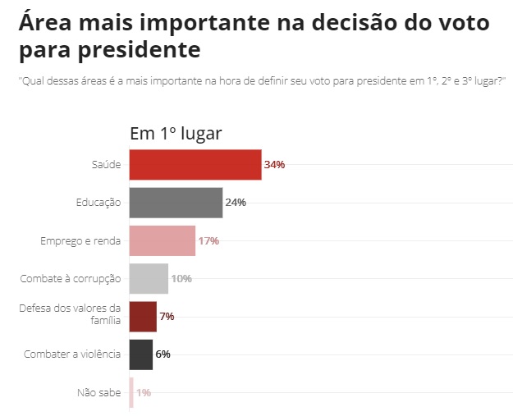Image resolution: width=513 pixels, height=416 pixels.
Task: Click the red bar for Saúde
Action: pyautogui.click(x=195, y=164)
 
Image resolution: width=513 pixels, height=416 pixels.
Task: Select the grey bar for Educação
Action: pyautogui.click(x=176, y=203)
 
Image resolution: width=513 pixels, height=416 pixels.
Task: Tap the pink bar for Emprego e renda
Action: pyautogui.click(x=163, y=240)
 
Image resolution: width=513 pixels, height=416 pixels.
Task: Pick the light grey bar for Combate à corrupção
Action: pyautogui.click(x=149, y=278)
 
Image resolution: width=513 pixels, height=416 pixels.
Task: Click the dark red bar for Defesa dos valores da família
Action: pyautogui.click(x=143, y=316)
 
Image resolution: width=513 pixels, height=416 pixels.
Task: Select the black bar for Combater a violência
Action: pyautogui.click(x=141, y=354)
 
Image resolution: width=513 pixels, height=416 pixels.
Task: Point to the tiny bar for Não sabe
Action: pyautogui.click(x=131, y=392)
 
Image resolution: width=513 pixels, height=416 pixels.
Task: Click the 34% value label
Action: pyautogui.click(x=275, y=164)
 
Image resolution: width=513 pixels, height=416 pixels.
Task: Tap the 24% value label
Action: pyautogui.click(x=236, y=203)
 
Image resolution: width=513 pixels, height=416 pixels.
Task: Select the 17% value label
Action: pyautogui.click(x=208, y=240)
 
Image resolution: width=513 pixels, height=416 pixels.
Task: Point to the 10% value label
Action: pyautogui.click(x=181, y=278)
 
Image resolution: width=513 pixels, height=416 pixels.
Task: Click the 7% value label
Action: pyautogui.click(x=167, y=316)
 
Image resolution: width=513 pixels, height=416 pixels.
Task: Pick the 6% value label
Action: pyautogui.click(x=163, y=354)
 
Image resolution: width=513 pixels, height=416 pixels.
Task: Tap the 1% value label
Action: pyautogui.click(x=144, y=392)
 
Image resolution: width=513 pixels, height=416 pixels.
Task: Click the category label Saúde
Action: pyautogui.click(x=106, y=164)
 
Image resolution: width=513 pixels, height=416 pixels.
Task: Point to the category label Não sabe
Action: pyautogui.click(x=98, y=392)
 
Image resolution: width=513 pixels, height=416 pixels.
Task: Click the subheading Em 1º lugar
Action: pyautogui.click(x=176, y=134)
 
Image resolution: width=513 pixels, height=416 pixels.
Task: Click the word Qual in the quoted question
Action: pyautogui.click(x=33, y=80)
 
